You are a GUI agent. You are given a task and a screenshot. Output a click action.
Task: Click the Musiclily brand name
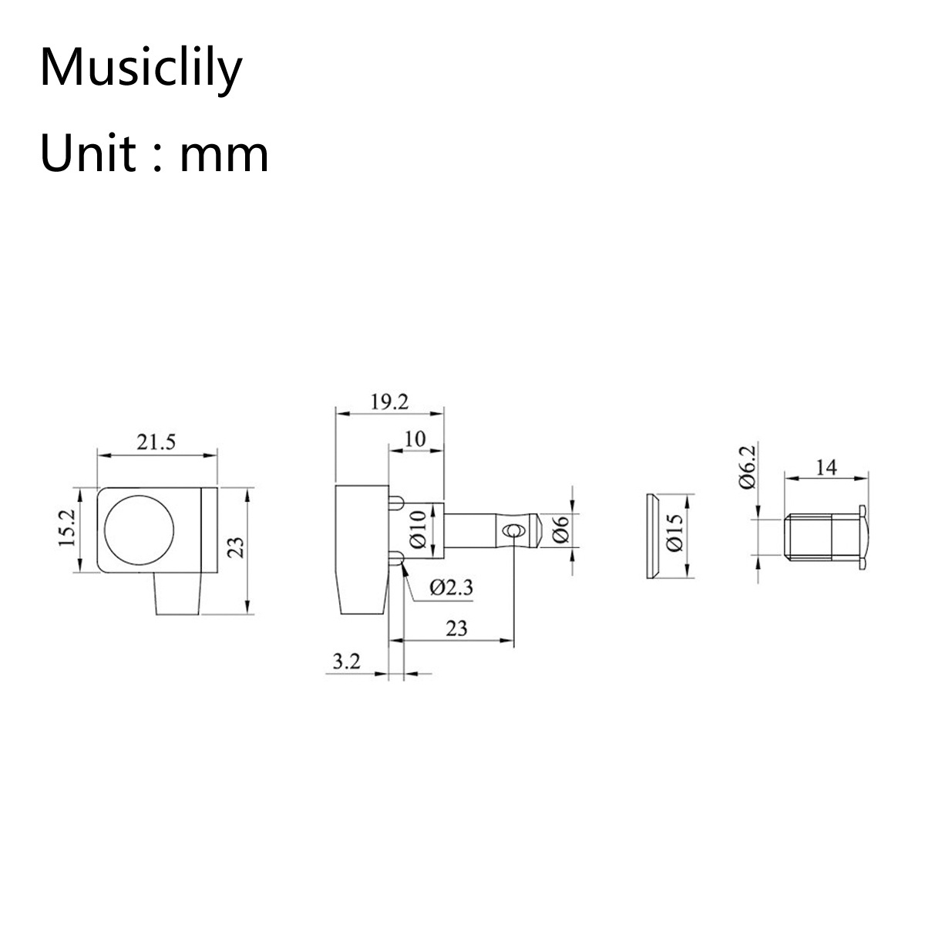point(141,69)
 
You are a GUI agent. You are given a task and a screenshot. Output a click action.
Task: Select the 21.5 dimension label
point(156,442)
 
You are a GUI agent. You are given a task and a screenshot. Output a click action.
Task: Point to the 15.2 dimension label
point(67,528)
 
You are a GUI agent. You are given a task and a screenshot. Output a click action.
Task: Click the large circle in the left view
point(140,530)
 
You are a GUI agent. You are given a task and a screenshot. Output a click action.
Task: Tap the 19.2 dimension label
point(389,402)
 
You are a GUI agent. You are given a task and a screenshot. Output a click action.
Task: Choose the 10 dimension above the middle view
point(415,439)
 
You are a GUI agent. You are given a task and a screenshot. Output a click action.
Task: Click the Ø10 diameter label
point(418,530)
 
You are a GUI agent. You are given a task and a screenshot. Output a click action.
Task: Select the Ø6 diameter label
point(560,530)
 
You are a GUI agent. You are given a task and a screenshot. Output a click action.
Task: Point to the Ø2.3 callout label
point(451,587)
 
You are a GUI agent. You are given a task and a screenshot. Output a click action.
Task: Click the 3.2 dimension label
point(347,661)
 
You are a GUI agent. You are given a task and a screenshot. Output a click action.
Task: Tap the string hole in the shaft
point(513,530)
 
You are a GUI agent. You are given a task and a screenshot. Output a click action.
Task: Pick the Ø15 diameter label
point(675,533)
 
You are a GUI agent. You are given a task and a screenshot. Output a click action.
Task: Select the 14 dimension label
point(826,467)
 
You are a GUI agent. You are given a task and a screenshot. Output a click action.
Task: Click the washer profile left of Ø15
point(652,536)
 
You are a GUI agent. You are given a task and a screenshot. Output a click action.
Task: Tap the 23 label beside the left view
point(235,548)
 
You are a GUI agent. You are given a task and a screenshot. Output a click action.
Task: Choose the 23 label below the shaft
point(456,628)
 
